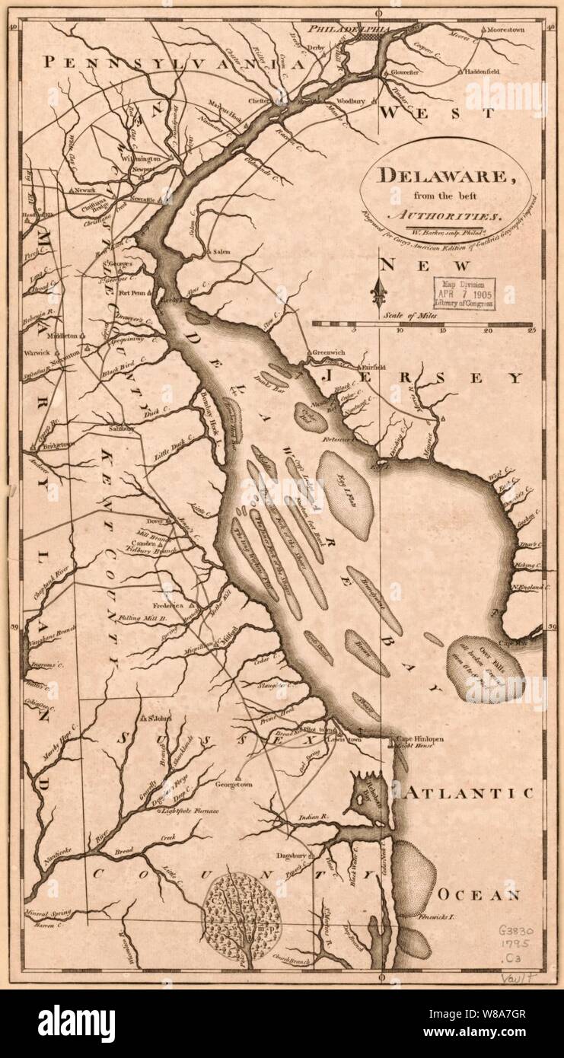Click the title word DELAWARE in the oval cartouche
(445, 176)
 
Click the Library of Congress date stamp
(464, 294)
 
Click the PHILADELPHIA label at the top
(349, 29)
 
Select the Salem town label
(220, 250)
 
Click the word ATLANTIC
(468, 792)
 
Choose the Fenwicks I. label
(436, 919)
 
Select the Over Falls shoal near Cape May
(487, 668)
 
